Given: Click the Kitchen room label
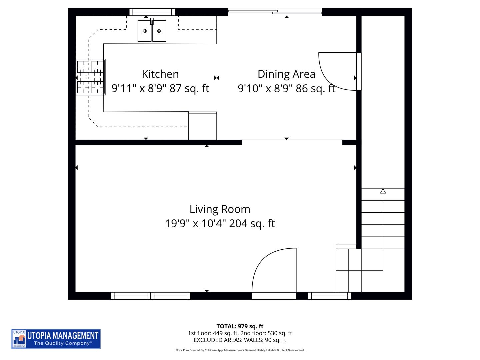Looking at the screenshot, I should [160, 74].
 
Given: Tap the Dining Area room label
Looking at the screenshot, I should [286, 74].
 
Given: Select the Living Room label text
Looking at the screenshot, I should [220, 209].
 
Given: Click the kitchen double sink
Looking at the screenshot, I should [152, 31].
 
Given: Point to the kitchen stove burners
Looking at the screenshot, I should [90, 77].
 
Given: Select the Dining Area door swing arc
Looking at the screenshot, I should [337, 71].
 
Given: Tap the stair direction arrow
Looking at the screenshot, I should [383, 191].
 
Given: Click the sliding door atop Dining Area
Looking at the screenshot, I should [275, 12].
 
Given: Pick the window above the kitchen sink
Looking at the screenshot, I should [152, 12].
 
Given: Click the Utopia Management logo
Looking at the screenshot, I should [56, 339].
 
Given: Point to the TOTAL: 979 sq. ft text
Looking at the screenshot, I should [240, 326].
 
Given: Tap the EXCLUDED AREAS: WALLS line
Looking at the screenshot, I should [240, 340].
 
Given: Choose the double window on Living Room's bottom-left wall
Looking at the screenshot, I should [151, 296].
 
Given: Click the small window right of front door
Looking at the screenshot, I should [329, 296].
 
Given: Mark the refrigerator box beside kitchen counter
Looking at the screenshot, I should [203, 126].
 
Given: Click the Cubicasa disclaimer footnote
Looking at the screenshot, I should [240, 350].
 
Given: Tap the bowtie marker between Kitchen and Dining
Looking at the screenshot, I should [217, 78].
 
